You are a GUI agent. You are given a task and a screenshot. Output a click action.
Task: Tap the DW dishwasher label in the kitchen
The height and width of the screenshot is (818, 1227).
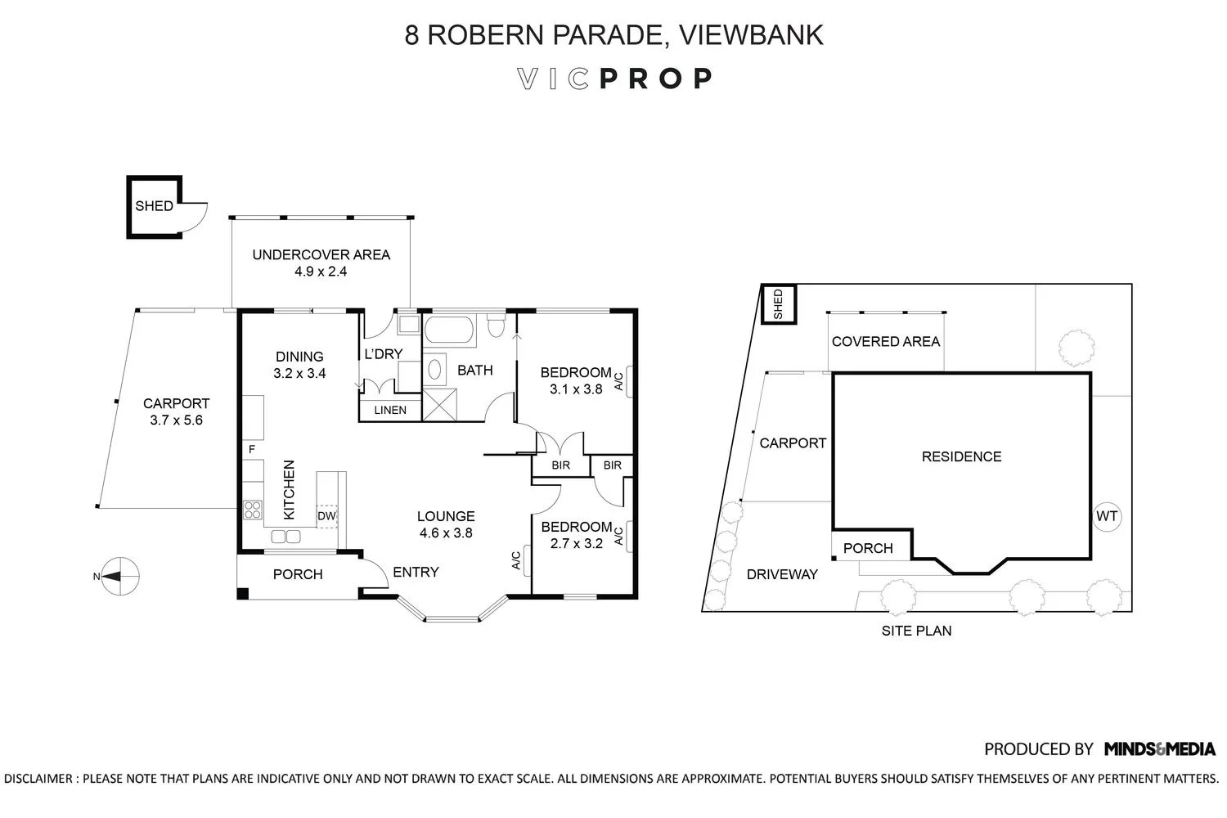coord(326,516)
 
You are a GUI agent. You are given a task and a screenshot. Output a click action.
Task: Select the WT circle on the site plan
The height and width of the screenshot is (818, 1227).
coord(1106,517)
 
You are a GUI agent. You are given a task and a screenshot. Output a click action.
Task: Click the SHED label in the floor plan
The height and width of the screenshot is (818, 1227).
coord(154,206)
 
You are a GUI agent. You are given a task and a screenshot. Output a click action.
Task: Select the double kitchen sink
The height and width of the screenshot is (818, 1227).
coord(286,537)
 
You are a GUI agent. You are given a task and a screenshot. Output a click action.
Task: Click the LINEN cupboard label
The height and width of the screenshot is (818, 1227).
coord(390,410)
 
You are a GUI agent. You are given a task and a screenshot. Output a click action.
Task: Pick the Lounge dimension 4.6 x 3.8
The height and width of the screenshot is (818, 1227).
coord(446,533)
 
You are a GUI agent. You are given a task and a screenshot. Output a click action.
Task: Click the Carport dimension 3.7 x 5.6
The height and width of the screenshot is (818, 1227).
coord(176,420)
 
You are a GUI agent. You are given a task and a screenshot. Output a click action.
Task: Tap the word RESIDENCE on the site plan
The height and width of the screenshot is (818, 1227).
coord(961,456)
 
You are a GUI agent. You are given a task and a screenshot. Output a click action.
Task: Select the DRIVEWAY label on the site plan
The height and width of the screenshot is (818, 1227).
coord(782,574)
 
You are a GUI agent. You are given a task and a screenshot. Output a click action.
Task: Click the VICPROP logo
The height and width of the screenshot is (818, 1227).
coord(614,79)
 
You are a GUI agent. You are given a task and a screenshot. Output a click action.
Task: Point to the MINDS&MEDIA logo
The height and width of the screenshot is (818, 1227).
coord(1160,748)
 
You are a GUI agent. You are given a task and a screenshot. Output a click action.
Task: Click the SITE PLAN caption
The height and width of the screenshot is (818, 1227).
coord(916,631)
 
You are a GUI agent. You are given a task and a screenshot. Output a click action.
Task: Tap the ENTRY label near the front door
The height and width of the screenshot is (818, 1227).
coord(416,572)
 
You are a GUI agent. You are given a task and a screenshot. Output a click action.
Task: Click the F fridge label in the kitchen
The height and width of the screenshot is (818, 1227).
coord(252,449)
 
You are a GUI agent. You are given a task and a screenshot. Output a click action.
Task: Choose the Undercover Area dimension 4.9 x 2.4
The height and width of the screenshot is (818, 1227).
coord(321,272)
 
